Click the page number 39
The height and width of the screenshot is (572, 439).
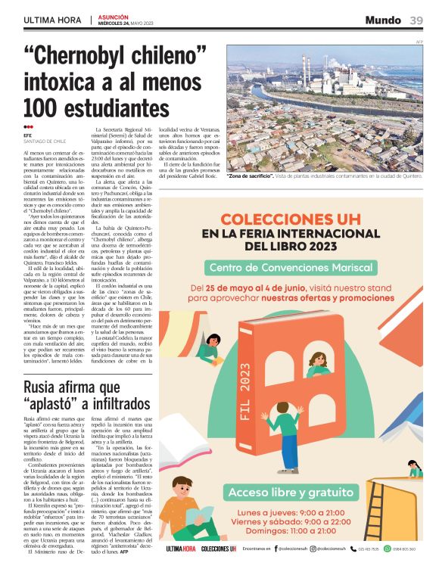417,20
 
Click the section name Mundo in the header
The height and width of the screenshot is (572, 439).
383,20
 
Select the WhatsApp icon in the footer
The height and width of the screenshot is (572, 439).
387,549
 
